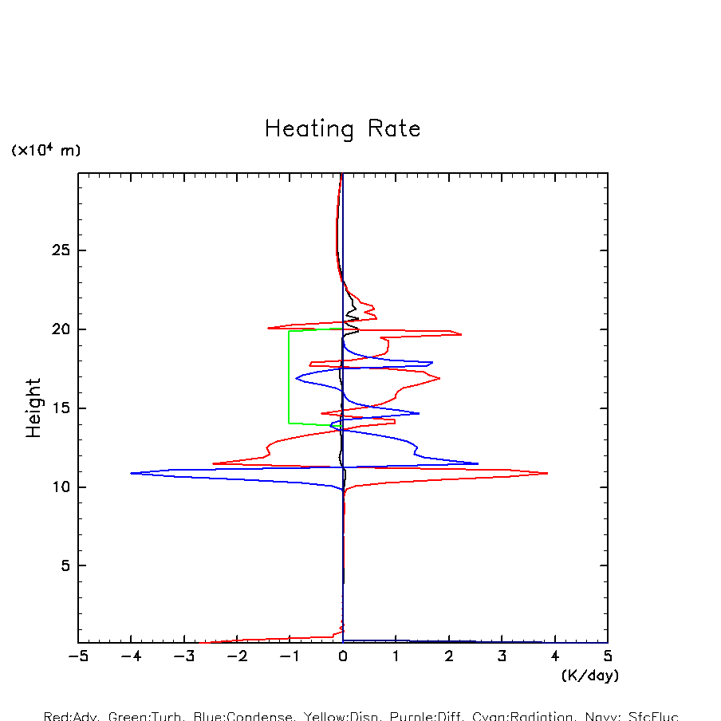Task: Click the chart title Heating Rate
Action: (342, 129)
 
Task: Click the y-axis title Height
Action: (33, 408)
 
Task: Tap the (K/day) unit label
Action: (590, 676)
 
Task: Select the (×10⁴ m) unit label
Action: (45, 150)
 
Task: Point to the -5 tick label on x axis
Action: (77, 656)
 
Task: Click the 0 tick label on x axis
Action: (343, 656)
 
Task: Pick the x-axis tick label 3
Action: (502, 656)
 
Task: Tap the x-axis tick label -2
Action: (236, 656)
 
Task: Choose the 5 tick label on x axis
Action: (608, 656)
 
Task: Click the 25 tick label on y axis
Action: (61, 250)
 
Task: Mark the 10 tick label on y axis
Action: (61, 487)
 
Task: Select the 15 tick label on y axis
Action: (61, 408)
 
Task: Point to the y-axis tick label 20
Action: (61, 329)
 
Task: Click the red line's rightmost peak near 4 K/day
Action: (547, 473)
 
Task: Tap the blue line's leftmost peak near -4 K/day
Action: (132, 473)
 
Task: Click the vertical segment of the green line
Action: (289, 376)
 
